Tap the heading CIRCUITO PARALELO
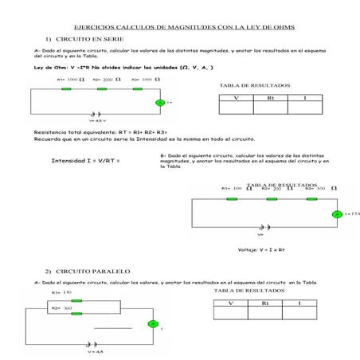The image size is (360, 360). (88, 272)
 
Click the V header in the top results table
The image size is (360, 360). (236, 97)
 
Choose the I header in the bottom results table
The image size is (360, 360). (299, 303)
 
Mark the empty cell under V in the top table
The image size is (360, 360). (236, 108)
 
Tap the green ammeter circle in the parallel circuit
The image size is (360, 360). (153, 323)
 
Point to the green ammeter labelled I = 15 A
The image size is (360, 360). (336, 214)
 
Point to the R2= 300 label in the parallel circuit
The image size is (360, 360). (62, 307)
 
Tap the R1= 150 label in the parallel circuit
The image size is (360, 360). (61, 292)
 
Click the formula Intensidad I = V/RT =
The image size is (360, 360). (86, 161)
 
